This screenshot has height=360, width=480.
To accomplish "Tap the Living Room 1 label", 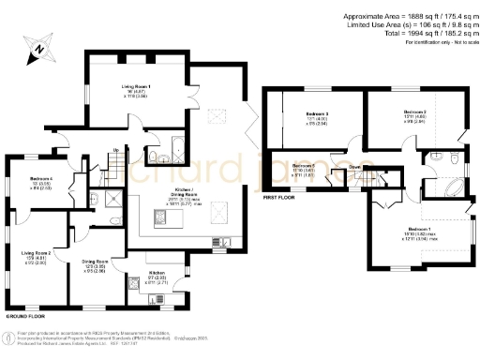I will pyautogui.click(x=136, y=86).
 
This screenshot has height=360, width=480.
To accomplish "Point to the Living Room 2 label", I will pyautogui.click(x=35, y=253).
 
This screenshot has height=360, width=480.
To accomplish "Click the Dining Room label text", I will pyautogui.click(x=96, y=262).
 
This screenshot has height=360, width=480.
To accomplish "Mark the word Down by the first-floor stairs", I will pyautogui.click(x=355, y=168).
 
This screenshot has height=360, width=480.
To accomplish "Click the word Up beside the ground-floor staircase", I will pyautogui.click(x=115, y=150).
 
